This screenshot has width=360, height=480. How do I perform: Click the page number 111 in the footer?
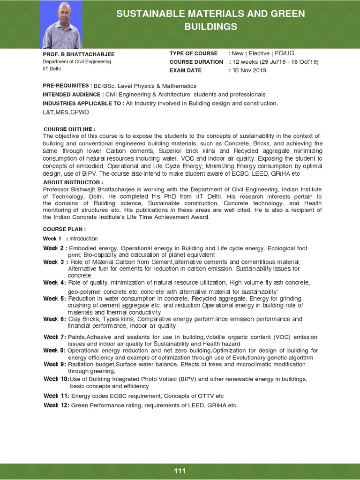pos(180,471)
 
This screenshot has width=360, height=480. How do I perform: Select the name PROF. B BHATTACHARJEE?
pos(72,54)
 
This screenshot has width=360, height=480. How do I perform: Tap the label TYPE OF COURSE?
pos(194,53)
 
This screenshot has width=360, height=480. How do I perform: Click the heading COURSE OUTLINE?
pos(69,129)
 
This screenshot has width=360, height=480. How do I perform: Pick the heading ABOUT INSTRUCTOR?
pos(73,182)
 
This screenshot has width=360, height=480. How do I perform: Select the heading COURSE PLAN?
pos(64,229)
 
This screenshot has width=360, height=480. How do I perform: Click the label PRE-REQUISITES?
pos(67,86)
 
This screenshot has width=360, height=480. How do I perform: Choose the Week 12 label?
pos(56,405)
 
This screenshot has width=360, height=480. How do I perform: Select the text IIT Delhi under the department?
pos(52,69)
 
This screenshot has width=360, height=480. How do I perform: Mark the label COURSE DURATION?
pos(196,62)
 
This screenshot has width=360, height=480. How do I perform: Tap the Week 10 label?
pos(56,379)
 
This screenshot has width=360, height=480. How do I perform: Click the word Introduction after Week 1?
pos(83,239)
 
